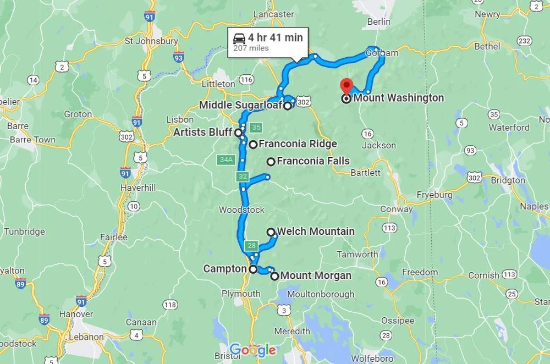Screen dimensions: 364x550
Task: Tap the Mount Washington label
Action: [x=398, y=98]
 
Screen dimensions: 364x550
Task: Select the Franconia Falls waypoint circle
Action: [x=271, y=162]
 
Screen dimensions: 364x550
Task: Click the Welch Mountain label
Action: [x=316, y=231]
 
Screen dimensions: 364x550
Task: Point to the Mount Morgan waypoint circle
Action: [x=274, y=276]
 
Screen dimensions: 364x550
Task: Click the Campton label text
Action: [x=224, y=269]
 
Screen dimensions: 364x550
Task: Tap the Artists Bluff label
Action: [x=202, y=133]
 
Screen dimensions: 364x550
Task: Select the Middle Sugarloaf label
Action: [x=240, y=105]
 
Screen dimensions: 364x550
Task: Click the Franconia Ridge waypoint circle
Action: [x=252, y=145]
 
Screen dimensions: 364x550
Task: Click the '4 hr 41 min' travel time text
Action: [x=275, y=38]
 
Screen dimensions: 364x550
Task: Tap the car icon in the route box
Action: [x=239, y=39]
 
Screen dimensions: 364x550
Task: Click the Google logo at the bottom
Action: [x=252, y=350]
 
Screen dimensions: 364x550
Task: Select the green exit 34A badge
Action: [x=226, y=159]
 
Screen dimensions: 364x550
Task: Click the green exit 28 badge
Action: [x=251, y=245]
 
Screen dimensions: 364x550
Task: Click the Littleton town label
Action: [x=218, y=84]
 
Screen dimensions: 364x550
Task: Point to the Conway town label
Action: [x=397, y=209]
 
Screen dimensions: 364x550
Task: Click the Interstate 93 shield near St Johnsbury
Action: [x=178, y=57]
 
